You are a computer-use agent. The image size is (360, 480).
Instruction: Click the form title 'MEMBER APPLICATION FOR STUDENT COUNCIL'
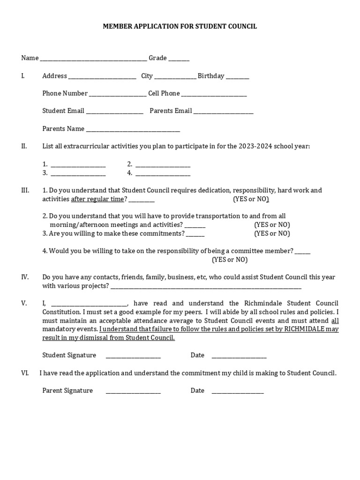coord(180,27)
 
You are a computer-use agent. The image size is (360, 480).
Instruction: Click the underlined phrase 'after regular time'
coord(97,199)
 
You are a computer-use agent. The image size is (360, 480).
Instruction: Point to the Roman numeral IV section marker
coord(25,277)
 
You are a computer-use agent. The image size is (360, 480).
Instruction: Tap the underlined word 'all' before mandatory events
coord(335,321)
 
